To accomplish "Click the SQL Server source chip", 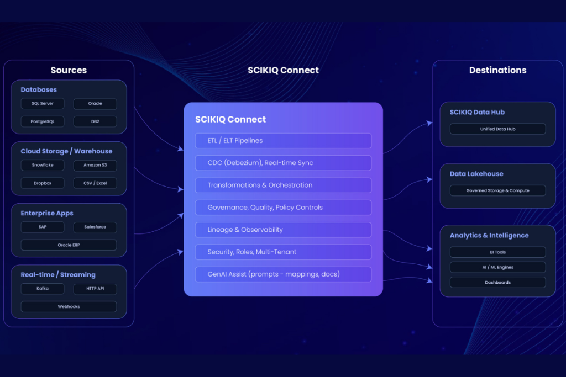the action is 43,103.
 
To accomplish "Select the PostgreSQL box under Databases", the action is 43,121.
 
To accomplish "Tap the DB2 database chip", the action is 95,121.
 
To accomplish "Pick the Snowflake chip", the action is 43,165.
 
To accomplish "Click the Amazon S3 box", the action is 95,165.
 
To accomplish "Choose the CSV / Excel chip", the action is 95,183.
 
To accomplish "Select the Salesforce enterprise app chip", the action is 95,227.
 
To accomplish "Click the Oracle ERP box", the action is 69,245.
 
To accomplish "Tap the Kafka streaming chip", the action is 43,289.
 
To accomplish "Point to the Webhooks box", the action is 69,307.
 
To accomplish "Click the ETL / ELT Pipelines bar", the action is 284,141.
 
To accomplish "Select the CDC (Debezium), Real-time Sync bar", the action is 284,163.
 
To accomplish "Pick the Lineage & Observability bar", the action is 284,230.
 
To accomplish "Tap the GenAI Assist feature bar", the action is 284,274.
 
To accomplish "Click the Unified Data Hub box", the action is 498,129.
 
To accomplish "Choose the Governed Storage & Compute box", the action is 498,190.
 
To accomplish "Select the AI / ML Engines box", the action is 498,267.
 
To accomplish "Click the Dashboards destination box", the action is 498,283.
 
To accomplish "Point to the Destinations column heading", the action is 498,70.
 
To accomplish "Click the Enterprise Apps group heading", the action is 47,213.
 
